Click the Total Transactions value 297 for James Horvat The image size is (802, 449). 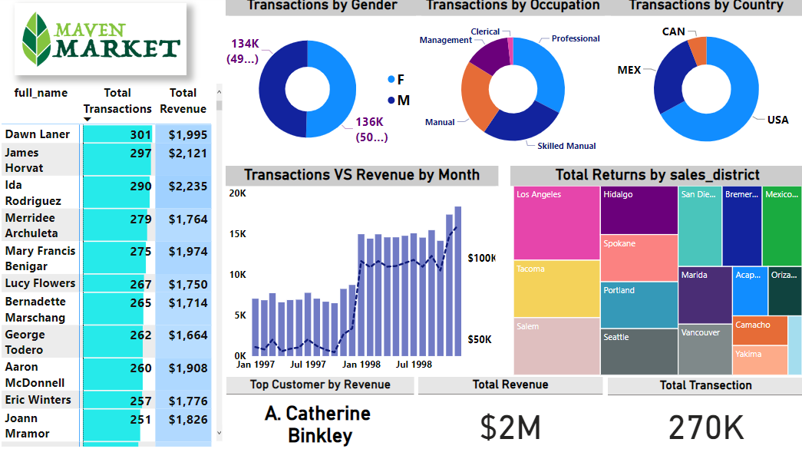pyautogui.click(x=140, y=153)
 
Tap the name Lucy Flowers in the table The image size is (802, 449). pyautogui.click(x=40, y=283)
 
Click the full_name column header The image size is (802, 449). pyautogui.click(x=41, y=93)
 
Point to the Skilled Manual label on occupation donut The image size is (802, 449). pyautogui.click(x=566, y=146)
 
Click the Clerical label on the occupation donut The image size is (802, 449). pyautogui.click(x=485, y=31)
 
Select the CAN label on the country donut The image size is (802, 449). pyautogui.click(x=674, y=31)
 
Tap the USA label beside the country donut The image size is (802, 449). pyautogui.click(x=777, y=120)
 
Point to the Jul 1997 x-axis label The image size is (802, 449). pyautogui.click(x=309, y=364)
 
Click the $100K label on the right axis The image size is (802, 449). pyautogui.click(x=481, y=259)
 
